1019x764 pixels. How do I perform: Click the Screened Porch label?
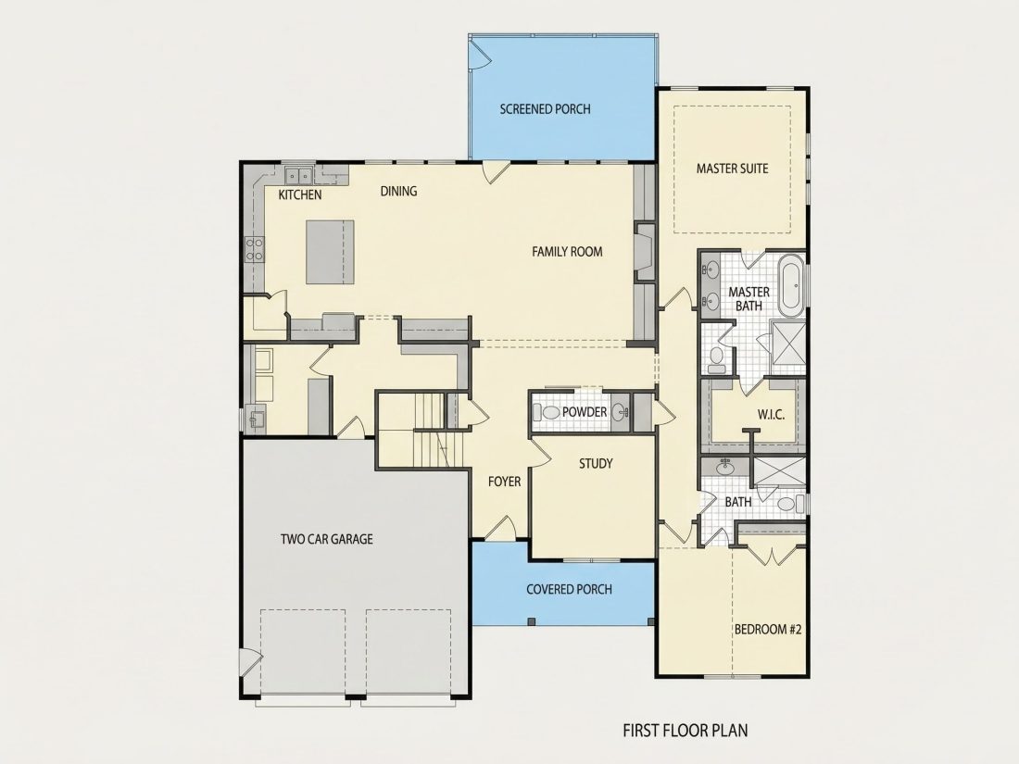[x=546, y=109]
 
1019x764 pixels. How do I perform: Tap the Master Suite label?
[x=733, y=169]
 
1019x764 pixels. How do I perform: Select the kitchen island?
[x=330, y=252]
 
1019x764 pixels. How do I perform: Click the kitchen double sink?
[x=299, y=175]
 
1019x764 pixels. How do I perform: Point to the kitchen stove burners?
[x=254, y=249]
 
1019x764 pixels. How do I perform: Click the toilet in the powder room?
[x=547, y=412]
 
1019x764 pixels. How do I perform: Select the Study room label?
[x=596, y=463]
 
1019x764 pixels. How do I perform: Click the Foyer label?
[x=504, y=482]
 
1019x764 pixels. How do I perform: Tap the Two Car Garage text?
[x=327, y=539]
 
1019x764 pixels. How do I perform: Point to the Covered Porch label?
[x=570, y=589]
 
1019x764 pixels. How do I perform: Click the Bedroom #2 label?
[x=768, y=629]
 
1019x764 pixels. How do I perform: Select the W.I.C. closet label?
[x=771, y=414]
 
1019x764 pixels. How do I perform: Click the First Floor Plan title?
[x=685, y=731]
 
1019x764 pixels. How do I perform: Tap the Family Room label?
[x=567, y=251]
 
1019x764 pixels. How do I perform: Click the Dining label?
[x=399, y=191]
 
